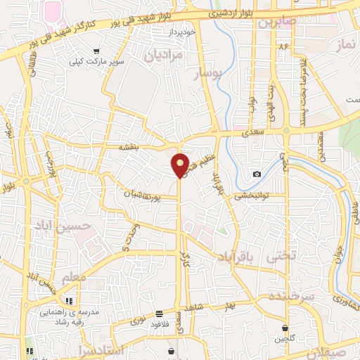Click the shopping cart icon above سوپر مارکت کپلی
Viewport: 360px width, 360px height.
[x=96, y=51]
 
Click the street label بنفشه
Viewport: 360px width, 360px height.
[x=131, y=147]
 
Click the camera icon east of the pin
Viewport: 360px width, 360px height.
[x=257, y=174]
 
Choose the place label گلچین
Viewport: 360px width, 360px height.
[x=284, y=339]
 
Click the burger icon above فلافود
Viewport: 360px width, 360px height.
[x=160, y=313]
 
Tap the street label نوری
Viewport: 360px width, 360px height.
[x=138, y=321]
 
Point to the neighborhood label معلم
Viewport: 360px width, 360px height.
[x=74, y=278]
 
